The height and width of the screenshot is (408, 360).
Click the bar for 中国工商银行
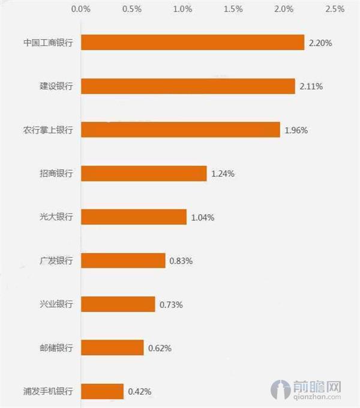(193, 42)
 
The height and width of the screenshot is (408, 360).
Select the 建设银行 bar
(188, 86)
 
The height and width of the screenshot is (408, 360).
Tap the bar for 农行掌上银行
(181, 130)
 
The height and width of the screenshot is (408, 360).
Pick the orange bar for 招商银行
(144, 173)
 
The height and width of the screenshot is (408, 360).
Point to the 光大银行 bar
(134, 217)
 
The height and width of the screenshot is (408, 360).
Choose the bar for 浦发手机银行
(102, 391)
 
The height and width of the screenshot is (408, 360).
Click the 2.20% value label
(320, 43)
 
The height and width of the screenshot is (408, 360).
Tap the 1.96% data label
(296, 130)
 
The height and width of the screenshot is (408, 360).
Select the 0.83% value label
(181, 261)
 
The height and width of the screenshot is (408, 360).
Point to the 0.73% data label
(171, 305)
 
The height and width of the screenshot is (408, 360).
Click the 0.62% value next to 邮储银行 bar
(160, 348)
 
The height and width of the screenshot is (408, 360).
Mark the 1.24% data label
(223, 174)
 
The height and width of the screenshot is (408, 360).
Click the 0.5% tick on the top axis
(132, 9)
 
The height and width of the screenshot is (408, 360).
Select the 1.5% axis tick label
(233, 9)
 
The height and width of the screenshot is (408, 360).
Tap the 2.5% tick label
(335, 9)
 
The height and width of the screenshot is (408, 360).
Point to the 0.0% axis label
(81, 9)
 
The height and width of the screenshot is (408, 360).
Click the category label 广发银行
(56, 260)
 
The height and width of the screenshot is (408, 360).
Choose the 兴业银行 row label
(56, 304)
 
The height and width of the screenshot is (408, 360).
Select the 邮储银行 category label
(56, 347)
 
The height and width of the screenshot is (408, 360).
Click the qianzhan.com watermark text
(317, 397)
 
